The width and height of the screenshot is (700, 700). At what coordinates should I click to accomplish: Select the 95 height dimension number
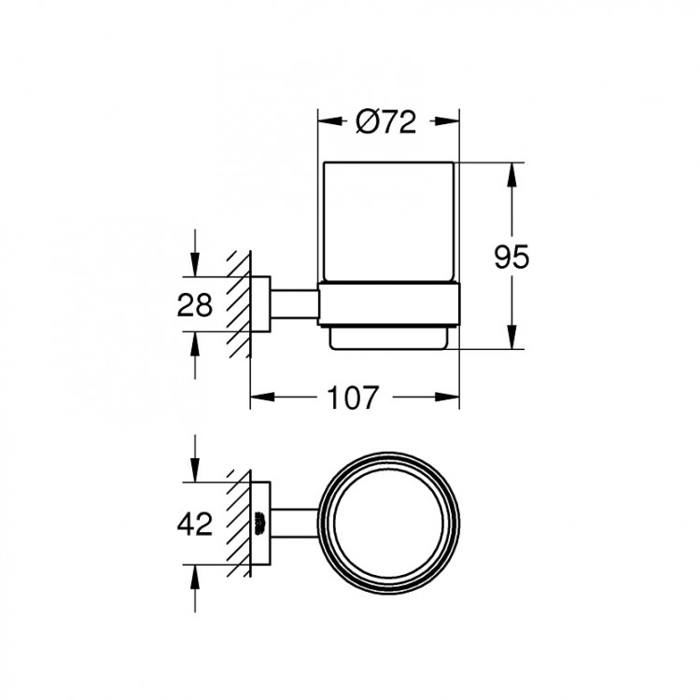[511, 257]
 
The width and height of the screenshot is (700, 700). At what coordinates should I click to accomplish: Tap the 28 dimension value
[194, 305]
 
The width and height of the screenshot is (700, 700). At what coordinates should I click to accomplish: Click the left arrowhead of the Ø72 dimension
[327, 121]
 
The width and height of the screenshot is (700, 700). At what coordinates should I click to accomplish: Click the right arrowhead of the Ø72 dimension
[453, 121]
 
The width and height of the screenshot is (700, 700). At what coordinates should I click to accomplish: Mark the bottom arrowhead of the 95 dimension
[511, 341]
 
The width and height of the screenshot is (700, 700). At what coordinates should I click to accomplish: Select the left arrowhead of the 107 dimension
[259, 399]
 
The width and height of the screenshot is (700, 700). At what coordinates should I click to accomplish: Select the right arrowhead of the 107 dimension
[453, 399]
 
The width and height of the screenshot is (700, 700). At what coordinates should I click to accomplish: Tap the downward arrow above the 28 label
[194, 268]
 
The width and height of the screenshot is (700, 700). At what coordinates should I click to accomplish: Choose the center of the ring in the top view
[389, 524]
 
